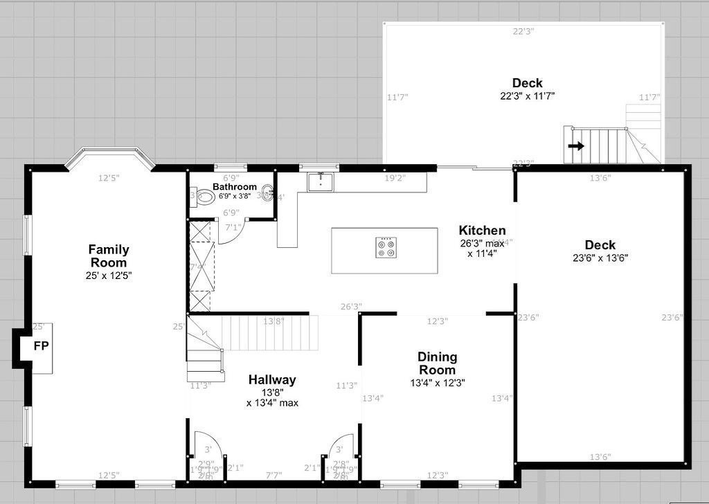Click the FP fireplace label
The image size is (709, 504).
pos(41,346)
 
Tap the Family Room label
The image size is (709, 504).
pos(109,256)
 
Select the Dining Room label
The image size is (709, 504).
pos(437,363)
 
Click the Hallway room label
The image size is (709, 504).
pos(272,379)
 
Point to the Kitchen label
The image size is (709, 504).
pos(482,231)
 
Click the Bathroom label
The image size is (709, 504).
pos(235,187)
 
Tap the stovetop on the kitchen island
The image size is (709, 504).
pos(386,247)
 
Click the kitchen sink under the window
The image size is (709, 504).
pos(321,183)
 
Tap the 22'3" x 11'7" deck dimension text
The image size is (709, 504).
pos(528,96)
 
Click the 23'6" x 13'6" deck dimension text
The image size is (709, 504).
pos(600,258)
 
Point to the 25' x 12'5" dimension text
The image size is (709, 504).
pos(108,276)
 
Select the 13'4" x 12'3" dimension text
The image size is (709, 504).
pos(437,381)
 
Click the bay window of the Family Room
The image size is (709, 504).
pos(109,157)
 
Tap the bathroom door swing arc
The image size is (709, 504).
pos(232,233)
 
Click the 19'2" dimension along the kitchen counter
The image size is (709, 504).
pos(395,178)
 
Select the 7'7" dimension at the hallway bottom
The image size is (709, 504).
pos(273,475)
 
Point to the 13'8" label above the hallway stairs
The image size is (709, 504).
pos(273,321)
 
